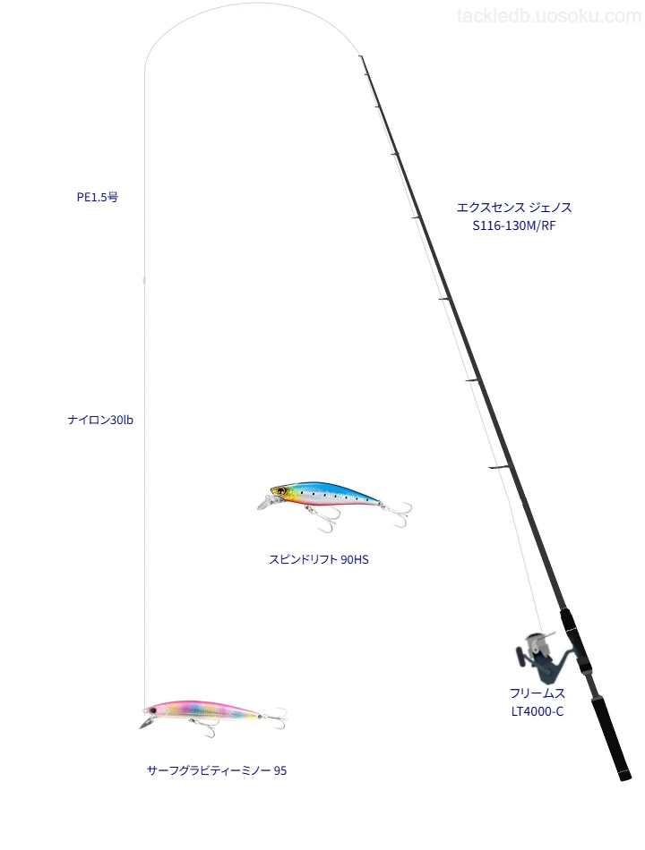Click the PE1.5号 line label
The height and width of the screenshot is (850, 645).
(97, 198)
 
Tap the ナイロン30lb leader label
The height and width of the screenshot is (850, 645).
(100, 421)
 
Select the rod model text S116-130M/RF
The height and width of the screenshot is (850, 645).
(514, 226)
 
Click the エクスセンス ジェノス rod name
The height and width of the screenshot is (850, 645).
(514, 208)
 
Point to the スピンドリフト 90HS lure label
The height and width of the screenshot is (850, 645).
(319, 559)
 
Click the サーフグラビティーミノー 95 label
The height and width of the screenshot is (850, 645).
(217, 770)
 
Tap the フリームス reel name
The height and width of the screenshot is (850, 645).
(537, 693)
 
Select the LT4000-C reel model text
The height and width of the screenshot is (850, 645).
(537, 711)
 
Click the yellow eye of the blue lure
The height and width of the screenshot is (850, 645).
(280, 491)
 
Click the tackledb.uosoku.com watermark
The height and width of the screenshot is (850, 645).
(549, 16)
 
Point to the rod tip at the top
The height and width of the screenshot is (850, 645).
(359, 55)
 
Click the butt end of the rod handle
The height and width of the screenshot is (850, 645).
(625, 778)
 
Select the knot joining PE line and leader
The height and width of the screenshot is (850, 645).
(144, 281)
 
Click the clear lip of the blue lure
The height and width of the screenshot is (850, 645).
(264, 503)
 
